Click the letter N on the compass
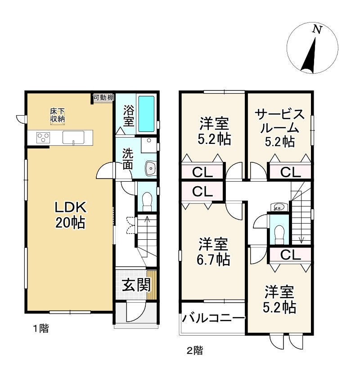point(317,30)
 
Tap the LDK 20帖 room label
point(71,215)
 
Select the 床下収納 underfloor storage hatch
point(58,115)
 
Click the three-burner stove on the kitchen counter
point(43,137)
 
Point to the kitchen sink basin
point(73,137)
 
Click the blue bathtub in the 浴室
point(146,114)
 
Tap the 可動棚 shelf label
point(103,97)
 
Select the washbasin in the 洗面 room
point(150,168)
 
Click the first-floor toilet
point(147,202)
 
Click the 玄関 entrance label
point(136,285)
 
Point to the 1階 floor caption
point(40,328)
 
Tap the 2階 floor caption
point(195,350)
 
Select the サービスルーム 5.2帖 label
point(280,128)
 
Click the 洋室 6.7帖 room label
point(213,251)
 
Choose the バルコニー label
point(213,318)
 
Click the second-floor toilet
point(279,234)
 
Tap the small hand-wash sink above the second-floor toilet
point(279,207)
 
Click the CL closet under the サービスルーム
point(290,172)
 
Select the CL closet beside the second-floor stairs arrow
point(290,255)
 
